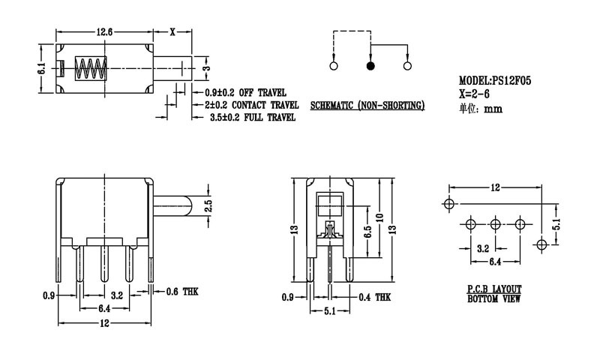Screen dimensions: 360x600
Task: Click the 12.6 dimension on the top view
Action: click(104, 32)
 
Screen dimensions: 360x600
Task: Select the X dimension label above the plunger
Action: click(172, 32)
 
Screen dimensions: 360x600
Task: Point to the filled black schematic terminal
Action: click(370, 67)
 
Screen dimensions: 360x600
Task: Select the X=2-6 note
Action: click(477, 94)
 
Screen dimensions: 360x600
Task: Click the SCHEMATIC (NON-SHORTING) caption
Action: click(367, 106)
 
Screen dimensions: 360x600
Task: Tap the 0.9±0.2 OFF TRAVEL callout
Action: click(245, 92)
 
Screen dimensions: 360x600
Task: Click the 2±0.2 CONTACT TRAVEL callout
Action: click(252, 105)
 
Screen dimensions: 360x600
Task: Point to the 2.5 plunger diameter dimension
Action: click(209, 205)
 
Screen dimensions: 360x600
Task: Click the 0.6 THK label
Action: click(184, 289)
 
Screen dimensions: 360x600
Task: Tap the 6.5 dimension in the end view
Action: click(366, 230)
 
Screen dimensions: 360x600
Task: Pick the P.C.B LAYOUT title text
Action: click(493, 289)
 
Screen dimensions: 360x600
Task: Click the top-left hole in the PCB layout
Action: click(449, 204)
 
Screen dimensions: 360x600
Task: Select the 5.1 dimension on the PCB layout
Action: click(556, 223)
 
